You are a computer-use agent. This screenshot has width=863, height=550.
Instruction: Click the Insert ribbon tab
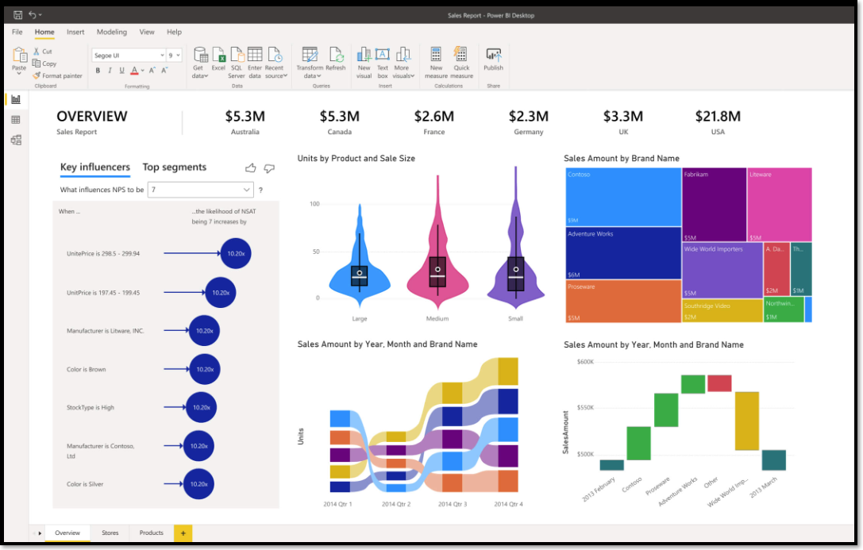[75, 32]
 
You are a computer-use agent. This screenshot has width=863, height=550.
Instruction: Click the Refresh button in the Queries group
[335, 60]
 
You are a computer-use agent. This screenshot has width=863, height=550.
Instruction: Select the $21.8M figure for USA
[718, 117]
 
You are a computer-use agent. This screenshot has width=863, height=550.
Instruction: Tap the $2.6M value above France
[434, 117]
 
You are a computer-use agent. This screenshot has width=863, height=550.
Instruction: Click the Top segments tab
[174, 167]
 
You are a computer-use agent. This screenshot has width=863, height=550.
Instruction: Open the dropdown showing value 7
[201, 190]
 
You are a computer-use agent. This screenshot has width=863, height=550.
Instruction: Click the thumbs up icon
[251, 168]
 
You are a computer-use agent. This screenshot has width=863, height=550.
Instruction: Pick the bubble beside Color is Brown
[205, 369]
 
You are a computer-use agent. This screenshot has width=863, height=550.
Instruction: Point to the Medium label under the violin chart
[437, 319]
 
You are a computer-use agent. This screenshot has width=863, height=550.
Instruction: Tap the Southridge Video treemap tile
[721, 310]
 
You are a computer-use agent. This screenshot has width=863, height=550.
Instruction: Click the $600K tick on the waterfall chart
[584, 362]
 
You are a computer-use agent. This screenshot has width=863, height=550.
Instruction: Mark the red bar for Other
[719, 383]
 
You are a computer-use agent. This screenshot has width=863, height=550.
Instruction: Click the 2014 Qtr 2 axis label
[396, 504]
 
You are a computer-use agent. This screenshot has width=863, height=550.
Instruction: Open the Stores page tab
[110, 533]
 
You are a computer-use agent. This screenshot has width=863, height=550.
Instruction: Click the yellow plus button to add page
[183, 533]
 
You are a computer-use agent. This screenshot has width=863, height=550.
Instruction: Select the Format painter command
[57, 75]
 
